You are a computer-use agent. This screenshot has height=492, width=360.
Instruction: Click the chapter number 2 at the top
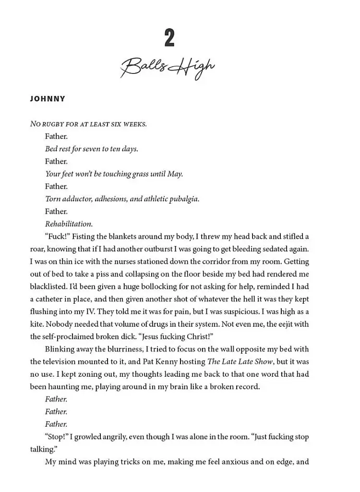169,38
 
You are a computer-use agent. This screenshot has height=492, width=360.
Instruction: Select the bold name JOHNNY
48,99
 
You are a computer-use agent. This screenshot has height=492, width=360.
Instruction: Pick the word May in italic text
174,174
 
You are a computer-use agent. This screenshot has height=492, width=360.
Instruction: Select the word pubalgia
184,199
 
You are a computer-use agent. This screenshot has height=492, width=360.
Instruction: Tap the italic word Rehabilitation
69,224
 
